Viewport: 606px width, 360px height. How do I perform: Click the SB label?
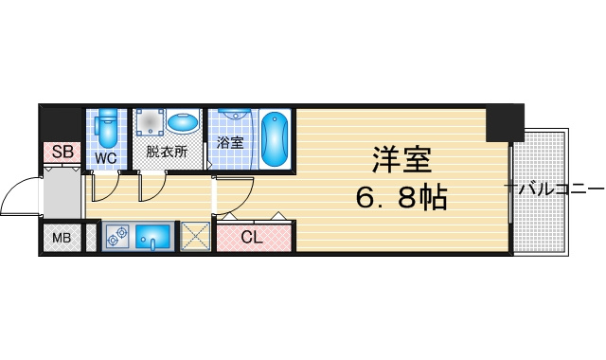(x=62, y=152)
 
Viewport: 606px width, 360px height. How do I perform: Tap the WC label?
(x=106, y=158)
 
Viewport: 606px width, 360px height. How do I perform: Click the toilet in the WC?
(x=106, y=128)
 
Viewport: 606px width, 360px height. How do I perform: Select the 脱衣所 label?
(x=167, y=152)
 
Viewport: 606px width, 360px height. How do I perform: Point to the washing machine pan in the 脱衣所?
(x=150, y=122)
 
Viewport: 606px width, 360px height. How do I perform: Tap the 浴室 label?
(x=230, y=143)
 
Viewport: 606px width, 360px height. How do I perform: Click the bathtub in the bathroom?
(x=275, y=139)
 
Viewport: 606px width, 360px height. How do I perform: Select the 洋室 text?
(x=401, y=160)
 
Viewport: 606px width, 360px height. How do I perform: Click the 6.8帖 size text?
(x=401, y=197)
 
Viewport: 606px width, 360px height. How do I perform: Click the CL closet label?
(x=252, y=237)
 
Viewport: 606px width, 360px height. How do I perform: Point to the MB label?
(x=62, y=238)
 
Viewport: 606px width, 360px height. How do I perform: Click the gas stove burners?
(x=117, y=236)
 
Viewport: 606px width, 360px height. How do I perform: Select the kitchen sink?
(x=153, y=237)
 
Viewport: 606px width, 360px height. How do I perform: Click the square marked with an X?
(x=195, y=236)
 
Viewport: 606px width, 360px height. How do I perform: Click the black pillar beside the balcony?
(x=505, y=123)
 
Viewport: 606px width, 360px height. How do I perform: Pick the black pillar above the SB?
(x=62, y=123)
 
